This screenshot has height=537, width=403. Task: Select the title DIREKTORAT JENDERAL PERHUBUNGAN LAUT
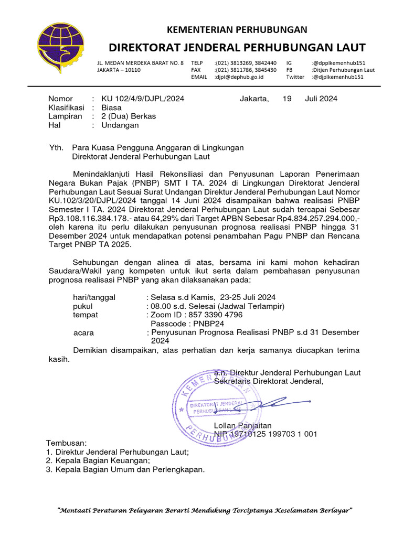coord(237,48)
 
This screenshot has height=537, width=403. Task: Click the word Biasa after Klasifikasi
coord(111,108)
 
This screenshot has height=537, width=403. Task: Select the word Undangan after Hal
coord(120,125)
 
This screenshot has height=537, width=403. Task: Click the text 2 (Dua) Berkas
coord(129,116)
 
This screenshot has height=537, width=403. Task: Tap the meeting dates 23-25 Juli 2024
coord(247,297)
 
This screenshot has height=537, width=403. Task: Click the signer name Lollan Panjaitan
coord(243,425)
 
